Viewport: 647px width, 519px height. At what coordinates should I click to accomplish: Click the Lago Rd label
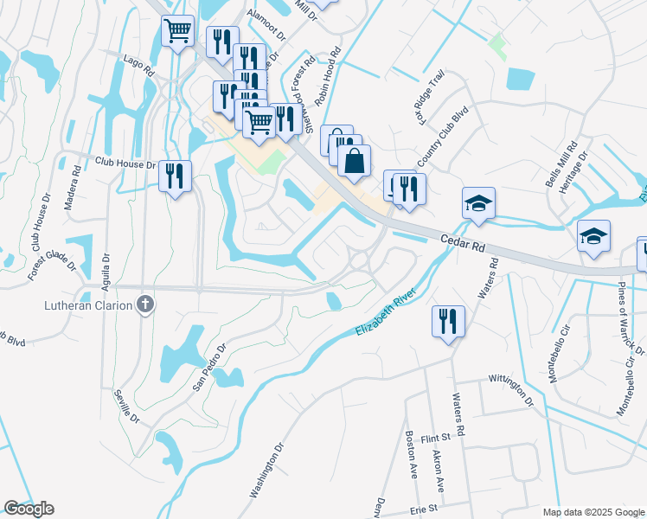coord(139,66)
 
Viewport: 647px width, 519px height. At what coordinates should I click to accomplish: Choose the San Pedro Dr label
coord(208,367)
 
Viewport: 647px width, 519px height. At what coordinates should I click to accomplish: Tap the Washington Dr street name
coord(267,471)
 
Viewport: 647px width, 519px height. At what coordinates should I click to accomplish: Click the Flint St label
coord(436,439)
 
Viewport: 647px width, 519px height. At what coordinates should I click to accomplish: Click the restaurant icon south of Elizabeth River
coord(448,322)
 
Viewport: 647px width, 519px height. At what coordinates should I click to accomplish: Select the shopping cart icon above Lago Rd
coord(178,32)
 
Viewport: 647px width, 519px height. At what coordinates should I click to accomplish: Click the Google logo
coord(29,509)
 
